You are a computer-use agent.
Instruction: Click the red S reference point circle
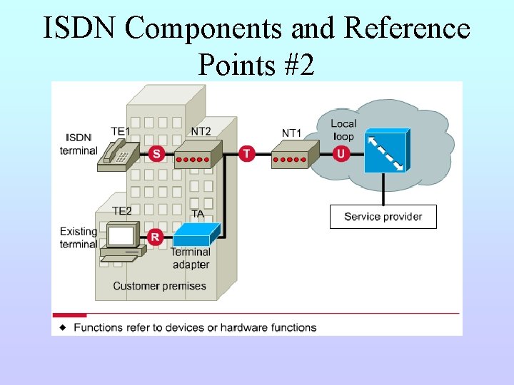tap(156, 153)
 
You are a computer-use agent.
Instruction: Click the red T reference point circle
tap(247, 153)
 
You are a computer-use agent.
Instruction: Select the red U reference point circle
tap(341, 153)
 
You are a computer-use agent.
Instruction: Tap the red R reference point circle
tap(155, 237)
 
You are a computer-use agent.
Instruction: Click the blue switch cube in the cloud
tap(386, 151)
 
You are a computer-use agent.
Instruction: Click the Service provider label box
tap(383, 217)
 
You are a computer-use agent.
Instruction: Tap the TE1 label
tap(120, 131)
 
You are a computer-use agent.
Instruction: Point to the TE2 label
tap(121, 211)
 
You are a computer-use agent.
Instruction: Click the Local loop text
tap(343, 130)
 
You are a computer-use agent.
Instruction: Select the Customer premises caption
tap(159, 286)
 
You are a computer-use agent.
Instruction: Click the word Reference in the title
tap(407, 29)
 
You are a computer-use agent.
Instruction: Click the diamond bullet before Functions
tap(63, 327)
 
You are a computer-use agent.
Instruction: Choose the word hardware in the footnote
tap(244, 327)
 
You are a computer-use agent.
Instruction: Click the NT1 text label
tap(291, 133)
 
